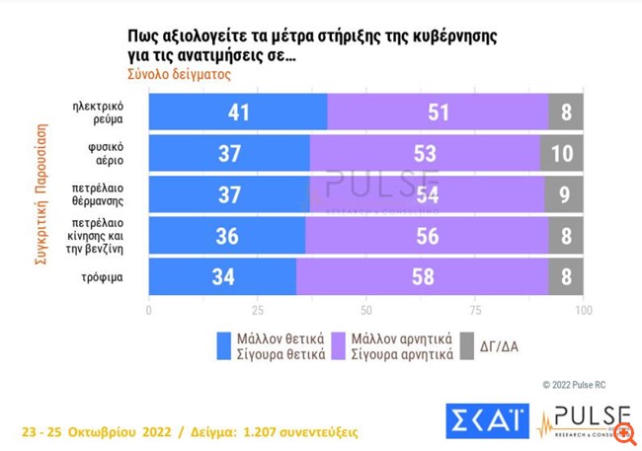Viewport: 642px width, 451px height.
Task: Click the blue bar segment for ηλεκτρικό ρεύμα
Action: (237, 113)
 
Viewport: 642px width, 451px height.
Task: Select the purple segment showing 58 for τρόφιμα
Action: (422, 276)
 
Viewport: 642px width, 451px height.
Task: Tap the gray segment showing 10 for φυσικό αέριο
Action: (562, 153)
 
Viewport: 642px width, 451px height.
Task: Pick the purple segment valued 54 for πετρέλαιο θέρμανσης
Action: (427, 194)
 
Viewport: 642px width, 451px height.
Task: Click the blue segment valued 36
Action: (226, 235)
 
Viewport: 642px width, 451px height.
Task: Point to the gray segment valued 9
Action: (564, 194)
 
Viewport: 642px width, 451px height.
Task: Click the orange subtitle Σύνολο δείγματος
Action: (180, 74)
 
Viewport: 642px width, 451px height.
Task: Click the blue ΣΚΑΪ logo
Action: (486, 418)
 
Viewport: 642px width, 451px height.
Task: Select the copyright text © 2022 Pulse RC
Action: (580, 384)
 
